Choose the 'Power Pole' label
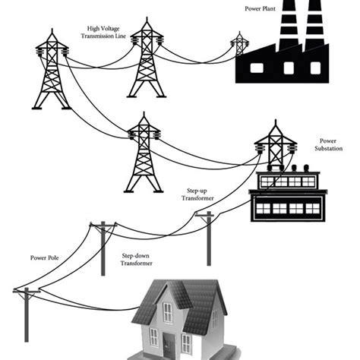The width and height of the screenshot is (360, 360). click(45, 258)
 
